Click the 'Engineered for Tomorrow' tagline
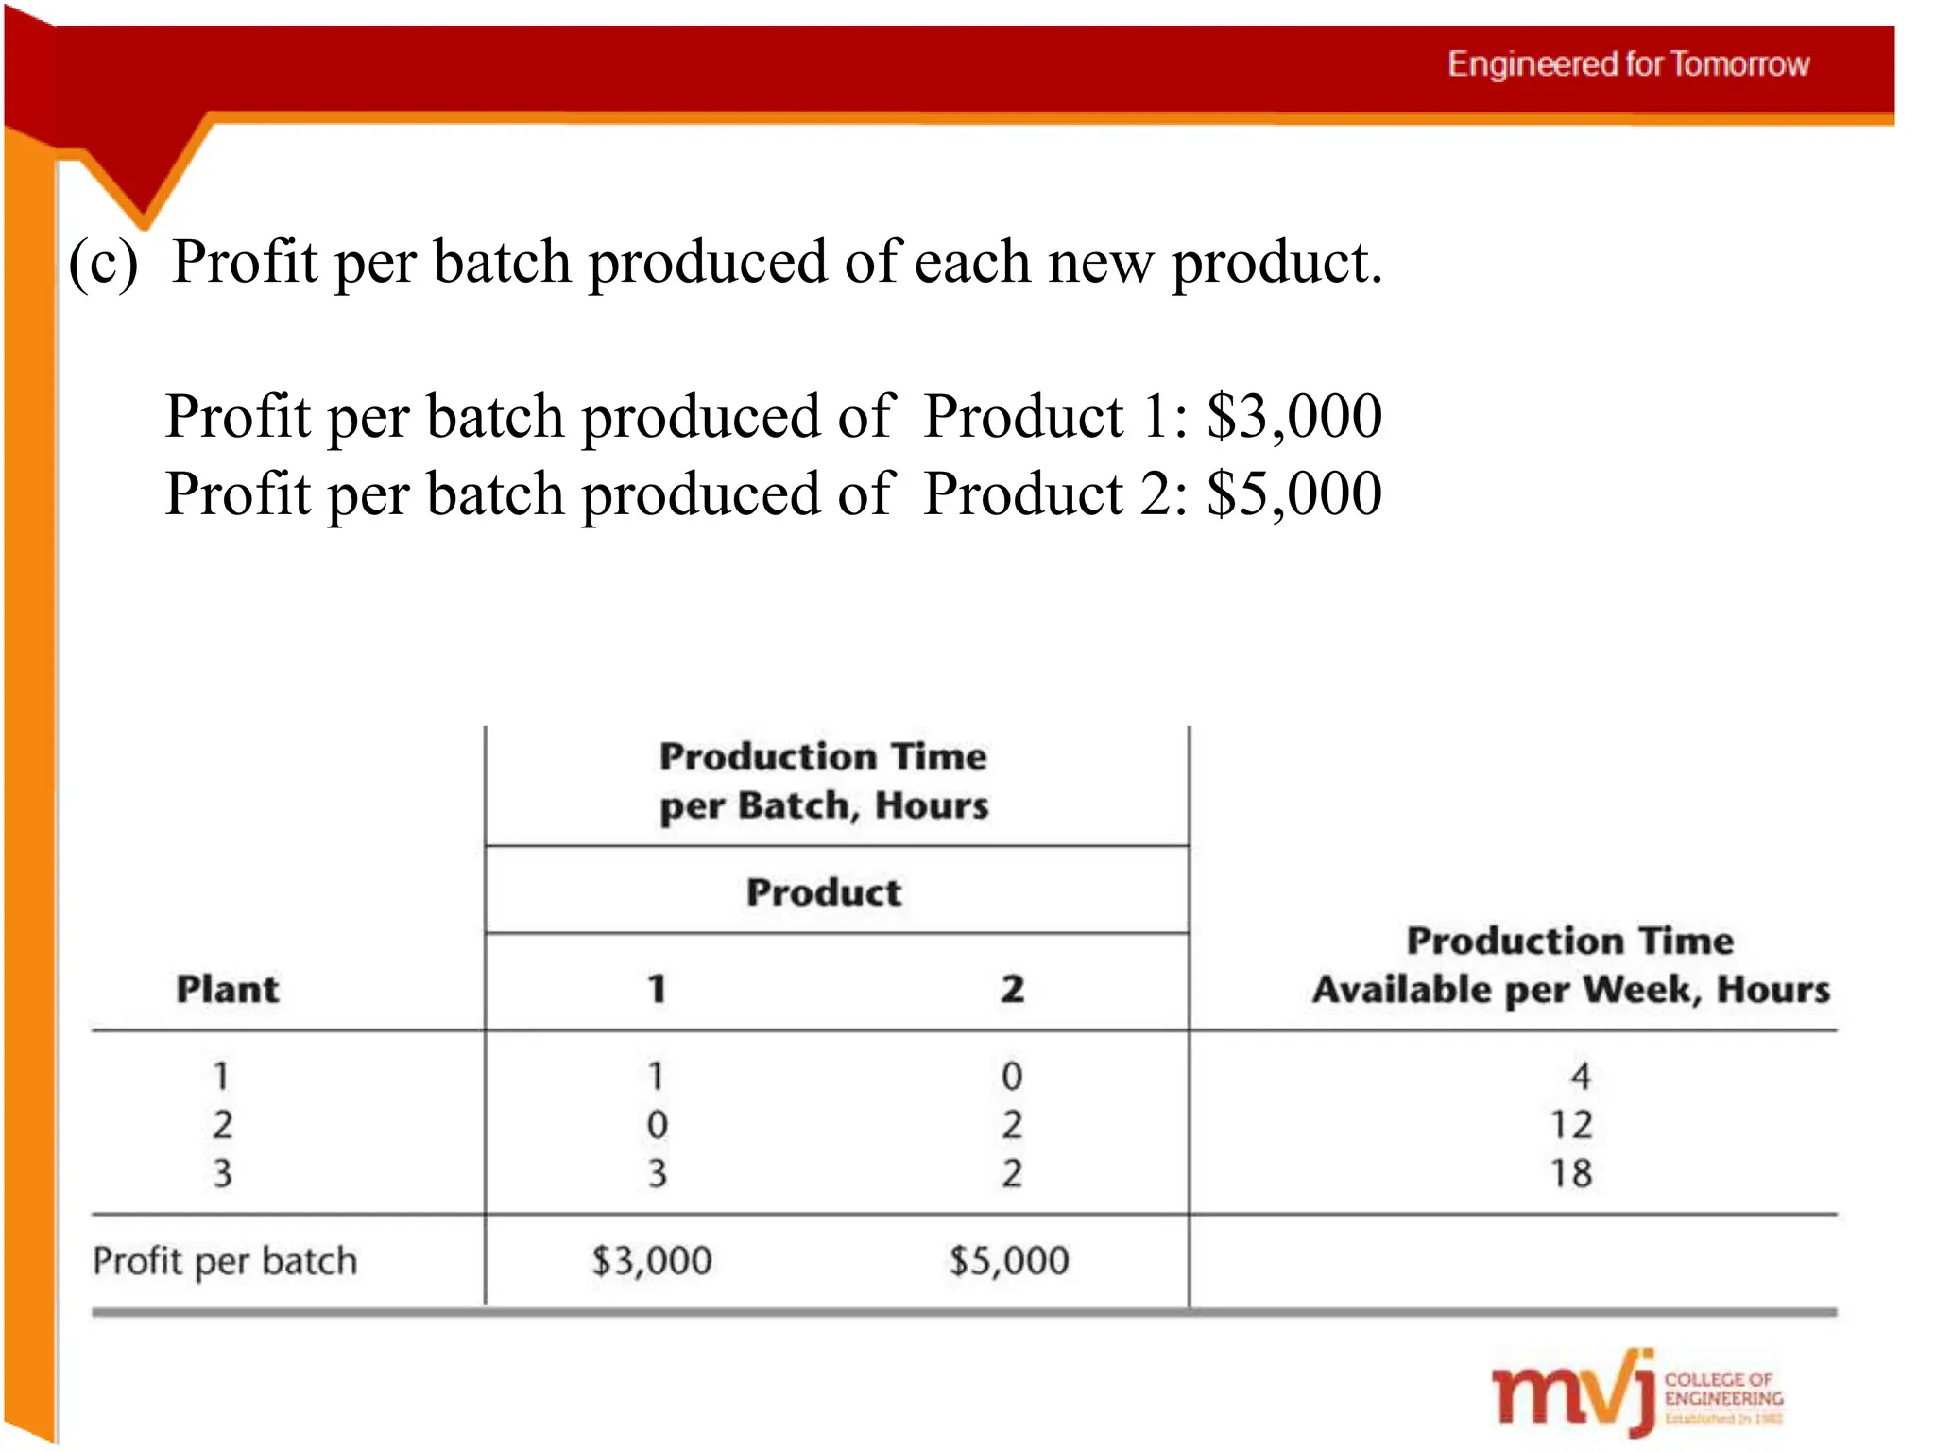[1628, 64]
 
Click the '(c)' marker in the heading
[103, 263]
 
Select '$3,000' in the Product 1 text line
[1294, 416]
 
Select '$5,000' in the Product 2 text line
[1294, 493]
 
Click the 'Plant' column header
[228, 990]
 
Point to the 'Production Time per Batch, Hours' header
[823, 781]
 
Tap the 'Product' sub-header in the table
[824, 892]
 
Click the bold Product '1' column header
[657, 990]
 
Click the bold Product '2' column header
[1012, 990]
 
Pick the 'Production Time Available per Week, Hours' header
[1570, 965]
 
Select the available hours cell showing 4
[1581, 1076]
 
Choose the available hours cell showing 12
[1571, 1125]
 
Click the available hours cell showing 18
[1571, 1173]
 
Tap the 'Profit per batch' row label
[225, 1261]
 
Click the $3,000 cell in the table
[652, 1261]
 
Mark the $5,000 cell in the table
[1009, 1261]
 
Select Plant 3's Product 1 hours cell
[657, 1173]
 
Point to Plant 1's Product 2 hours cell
[1012, 1076]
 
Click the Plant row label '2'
[222, 1125]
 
